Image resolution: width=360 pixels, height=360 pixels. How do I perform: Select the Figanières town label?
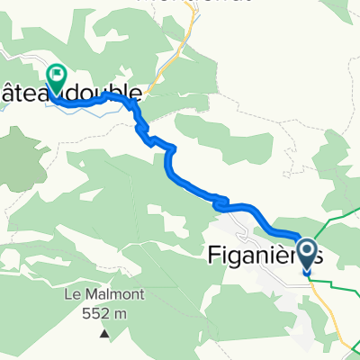(261, 257)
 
